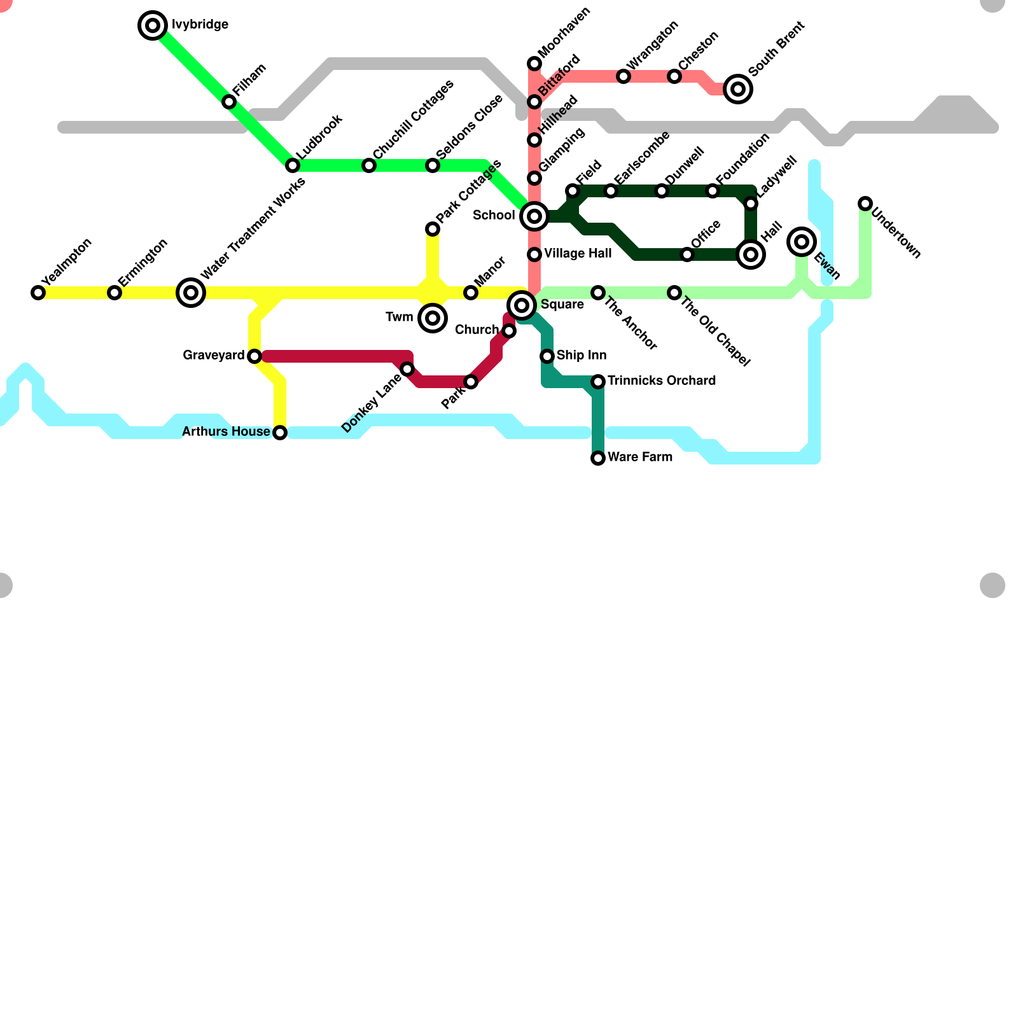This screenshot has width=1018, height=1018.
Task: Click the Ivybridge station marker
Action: (x=153, y=25)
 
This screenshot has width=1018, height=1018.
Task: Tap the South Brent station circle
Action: (x=738, y=89)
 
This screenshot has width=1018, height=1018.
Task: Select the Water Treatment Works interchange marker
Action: (x=191, y=293)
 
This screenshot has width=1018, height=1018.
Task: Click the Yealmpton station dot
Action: (x=38, y=293)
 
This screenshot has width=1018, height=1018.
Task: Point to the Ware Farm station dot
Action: (x=598, y=458)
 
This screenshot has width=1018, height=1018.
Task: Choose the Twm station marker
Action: (x=433, y=318)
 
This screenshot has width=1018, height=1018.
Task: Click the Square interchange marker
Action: (x=522, y=305)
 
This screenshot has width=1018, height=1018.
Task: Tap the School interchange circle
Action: (x=534, y=216)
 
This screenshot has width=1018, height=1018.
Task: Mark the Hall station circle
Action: (x=751, y=254)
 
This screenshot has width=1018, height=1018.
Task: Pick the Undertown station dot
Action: (x=865, y=204)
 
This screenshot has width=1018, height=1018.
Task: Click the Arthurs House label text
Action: (x=226, y=432)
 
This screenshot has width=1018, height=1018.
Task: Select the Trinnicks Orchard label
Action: (x=662, y=381)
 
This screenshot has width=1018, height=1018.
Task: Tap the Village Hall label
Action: (x=578, y=254)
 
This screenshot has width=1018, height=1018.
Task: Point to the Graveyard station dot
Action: (x=254, y=356)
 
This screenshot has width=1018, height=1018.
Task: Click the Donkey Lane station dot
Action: (x=407, y=369)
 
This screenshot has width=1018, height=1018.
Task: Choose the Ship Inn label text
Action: (x=581, y=356)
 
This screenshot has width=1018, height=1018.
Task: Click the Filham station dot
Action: (x=229, y=102)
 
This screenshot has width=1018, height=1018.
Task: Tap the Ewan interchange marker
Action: (x=802, y=242)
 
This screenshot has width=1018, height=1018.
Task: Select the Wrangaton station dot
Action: (x=624, y=76)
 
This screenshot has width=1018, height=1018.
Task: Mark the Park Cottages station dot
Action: (x=433, y=229)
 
